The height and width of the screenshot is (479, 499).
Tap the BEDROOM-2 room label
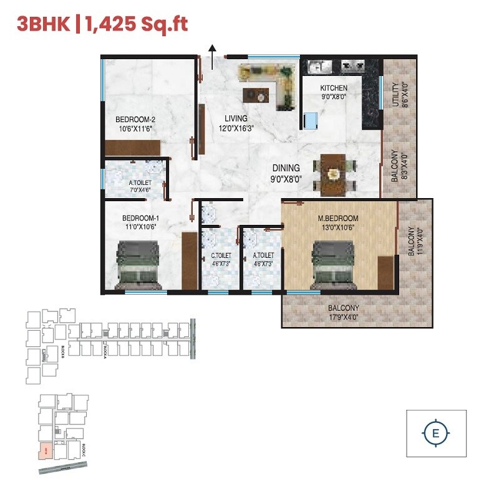(134, 124)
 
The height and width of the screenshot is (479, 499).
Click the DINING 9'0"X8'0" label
(286, 173)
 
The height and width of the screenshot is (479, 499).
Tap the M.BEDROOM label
(339, 223)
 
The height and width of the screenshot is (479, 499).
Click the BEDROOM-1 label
(140, 222)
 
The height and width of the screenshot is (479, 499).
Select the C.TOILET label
(221, 258)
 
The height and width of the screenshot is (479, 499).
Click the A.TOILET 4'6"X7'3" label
(263, 258)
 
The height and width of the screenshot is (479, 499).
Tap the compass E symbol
(435, 432)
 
